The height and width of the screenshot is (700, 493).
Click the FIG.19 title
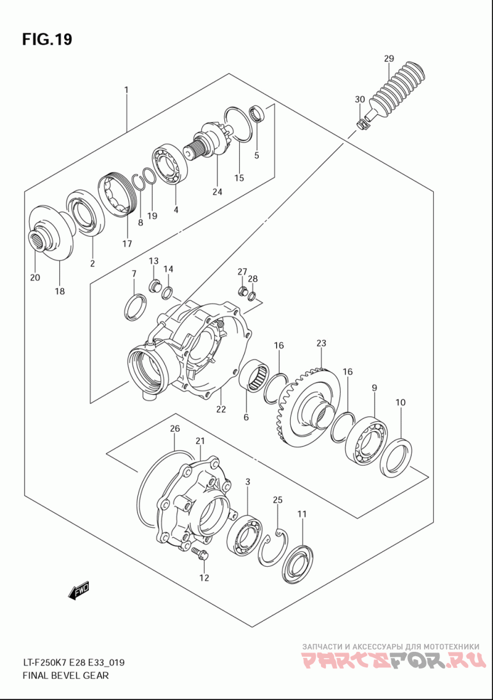47,39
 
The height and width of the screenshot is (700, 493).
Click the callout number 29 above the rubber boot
389,59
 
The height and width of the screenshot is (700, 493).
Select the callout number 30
360,99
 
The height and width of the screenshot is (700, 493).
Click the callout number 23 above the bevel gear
321,343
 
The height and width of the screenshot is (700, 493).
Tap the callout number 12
204,578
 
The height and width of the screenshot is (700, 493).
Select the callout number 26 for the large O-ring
175,428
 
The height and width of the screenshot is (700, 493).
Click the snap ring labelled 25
272,545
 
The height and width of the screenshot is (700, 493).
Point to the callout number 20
35,278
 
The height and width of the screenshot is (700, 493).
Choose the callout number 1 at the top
126,90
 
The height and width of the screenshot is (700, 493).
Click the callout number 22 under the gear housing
221,409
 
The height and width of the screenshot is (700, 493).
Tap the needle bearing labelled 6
255,376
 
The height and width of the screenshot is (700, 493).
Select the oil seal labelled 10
396,456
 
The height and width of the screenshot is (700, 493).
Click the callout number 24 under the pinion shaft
217,191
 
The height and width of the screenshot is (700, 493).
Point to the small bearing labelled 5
257,115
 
